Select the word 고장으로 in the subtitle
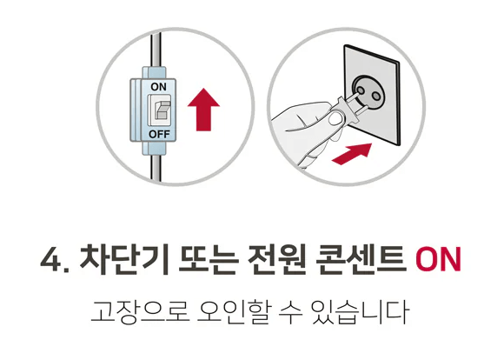point(126,311)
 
